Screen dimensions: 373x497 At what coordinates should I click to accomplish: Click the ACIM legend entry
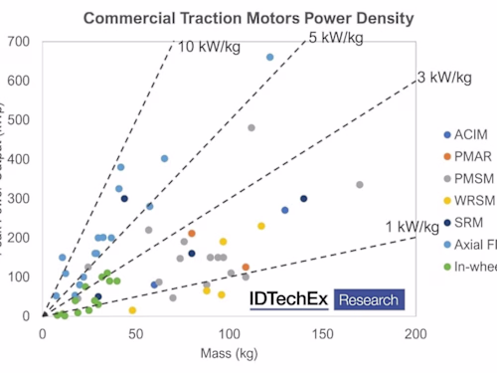tap(468, 134)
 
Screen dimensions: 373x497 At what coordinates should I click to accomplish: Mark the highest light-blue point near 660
tap(270, 58)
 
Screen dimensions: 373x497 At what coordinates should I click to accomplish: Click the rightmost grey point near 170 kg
tap(360, 185)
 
